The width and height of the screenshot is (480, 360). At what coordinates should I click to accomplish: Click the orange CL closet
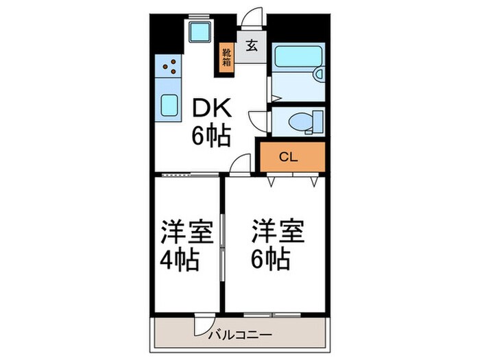pos(289,156)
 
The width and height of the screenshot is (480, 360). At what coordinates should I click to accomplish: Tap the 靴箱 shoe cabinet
pos(226,55)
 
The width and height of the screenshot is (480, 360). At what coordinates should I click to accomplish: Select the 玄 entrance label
pos(251,47)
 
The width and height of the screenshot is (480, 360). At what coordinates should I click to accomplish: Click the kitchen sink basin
pos(169,106)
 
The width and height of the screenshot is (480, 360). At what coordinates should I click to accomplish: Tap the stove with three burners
pos(169,67)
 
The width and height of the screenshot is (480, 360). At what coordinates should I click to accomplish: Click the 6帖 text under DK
pos(211,136)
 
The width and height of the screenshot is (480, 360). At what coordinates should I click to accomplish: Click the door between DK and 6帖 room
pos(240,165)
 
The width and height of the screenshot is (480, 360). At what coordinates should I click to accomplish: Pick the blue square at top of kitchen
pos(200,32)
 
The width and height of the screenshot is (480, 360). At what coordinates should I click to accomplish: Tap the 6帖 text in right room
pos(269,260)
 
